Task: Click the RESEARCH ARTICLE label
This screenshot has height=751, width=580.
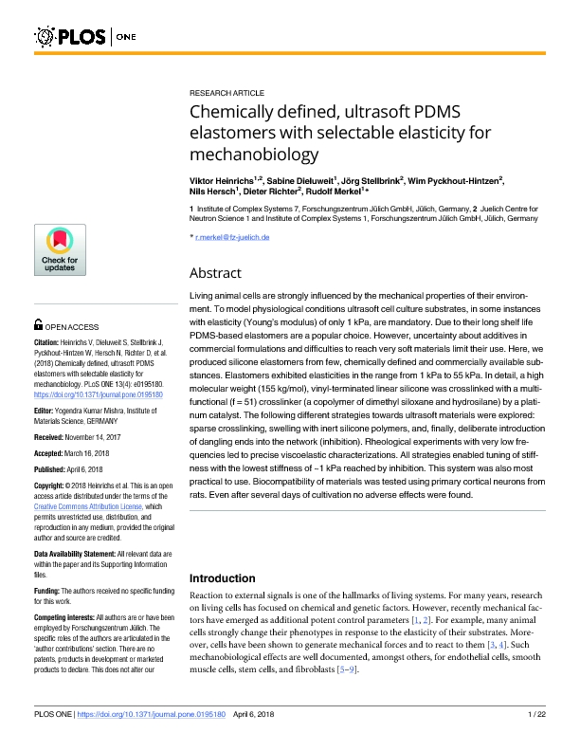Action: (x=227, y=93)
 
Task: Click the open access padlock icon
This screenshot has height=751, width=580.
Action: (x=38, y=324)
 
